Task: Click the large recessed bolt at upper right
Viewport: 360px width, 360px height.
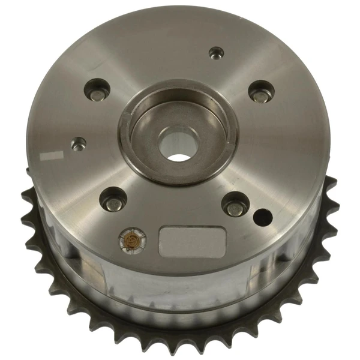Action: [x=260, y=92]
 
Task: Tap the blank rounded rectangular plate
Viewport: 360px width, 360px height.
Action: [x=189, y=239]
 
